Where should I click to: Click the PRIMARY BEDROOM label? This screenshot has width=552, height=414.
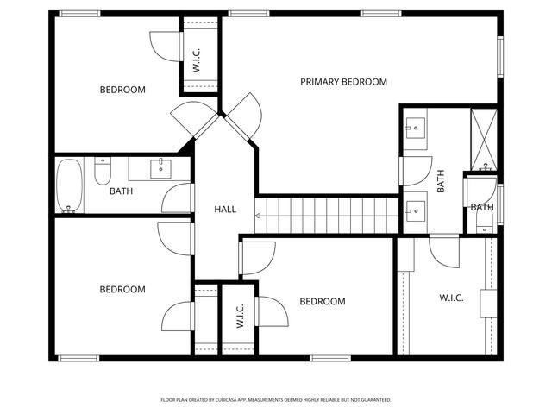(343, 82)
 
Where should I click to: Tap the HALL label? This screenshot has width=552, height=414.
(225, 210)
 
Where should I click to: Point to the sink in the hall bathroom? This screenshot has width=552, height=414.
(160, 167)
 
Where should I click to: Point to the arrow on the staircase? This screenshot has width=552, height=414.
(259, 215)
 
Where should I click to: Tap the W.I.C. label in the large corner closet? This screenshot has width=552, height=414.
(451, 298)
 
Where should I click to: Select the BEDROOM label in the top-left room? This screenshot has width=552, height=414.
(122, 90)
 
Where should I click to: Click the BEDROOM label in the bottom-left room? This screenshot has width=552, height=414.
(122, 290)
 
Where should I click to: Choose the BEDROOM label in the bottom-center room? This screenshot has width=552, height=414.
(322, 302)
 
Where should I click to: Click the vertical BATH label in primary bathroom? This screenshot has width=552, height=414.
(440, 180)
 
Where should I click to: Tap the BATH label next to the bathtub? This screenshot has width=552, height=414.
(121, 191)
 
